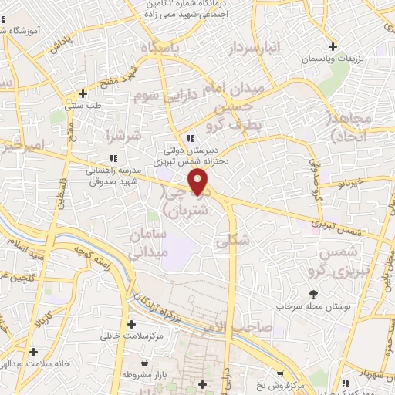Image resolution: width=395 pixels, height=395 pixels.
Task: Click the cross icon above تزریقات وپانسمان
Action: [333, 46]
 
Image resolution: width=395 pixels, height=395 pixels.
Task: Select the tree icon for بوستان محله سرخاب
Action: [312, 294]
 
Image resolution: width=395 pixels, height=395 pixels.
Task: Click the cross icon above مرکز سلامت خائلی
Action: [131, 324]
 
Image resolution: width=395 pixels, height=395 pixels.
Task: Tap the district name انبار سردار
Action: [255, 49]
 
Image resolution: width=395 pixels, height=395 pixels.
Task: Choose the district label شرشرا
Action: [123, 137]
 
